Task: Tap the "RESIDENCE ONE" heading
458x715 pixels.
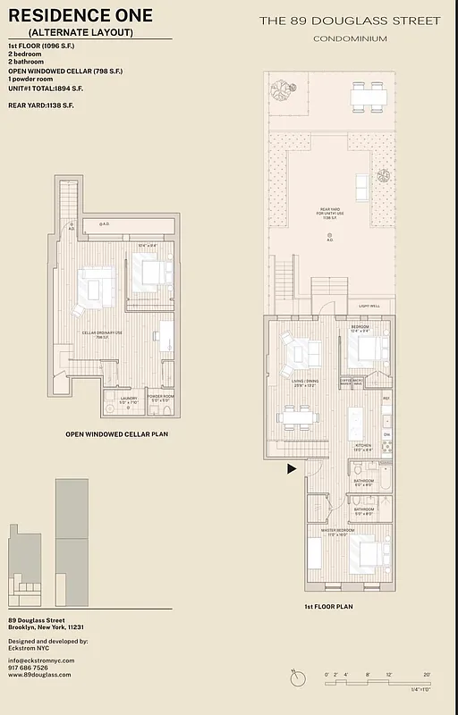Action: [x=81, y=16]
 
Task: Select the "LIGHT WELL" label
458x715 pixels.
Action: [x=369, y=307]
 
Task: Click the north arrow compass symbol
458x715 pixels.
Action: [x=296, y=678]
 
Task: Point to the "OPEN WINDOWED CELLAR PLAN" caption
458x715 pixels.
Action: [x=117, y=434]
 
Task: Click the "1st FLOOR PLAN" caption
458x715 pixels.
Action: [x=328, y=606]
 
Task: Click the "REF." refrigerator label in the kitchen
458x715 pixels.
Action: [x=386, y=398]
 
